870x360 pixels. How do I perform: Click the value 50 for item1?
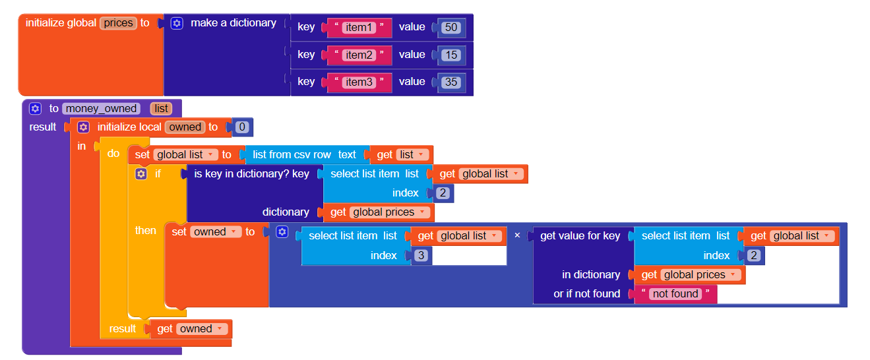[x=451, y=28]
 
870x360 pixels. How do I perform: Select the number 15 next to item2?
[x=451, y=55]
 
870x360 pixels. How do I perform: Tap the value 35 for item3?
[x=451, y=82]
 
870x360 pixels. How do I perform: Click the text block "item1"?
[x=359, y=28]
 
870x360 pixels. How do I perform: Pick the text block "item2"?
[x=359, y=55]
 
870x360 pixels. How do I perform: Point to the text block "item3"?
[x=359, y=82]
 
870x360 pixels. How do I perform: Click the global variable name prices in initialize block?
[x=119, y=23]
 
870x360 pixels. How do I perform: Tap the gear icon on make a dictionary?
[x=177, y=23]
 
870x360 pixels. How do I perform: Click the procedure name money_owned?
[x=102, y=109]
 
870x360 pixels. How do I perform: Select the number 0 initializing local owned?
[x=242, y=127]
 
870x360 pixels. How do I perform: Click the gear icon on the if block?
[x=140, y=174]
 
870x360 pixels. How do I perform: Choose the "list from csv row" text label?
[x=292, y=155]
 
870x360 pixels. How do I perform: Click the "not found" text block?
[x=675, y=294]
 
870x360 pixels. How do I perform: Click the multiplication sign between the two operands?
[x=517, y=235]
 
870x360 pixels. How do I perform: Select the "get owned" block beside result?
[x=191, y=329]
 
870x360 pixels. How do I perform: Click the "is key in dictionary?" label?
[x=251, y=174]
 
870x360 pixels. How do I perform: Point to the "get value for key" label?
[x=580, y=235]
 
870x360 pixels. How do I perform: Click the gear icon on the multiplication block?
[x=282, y=232]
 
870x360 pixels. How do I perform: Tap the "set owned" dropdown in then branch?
[x=215, y=232]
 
